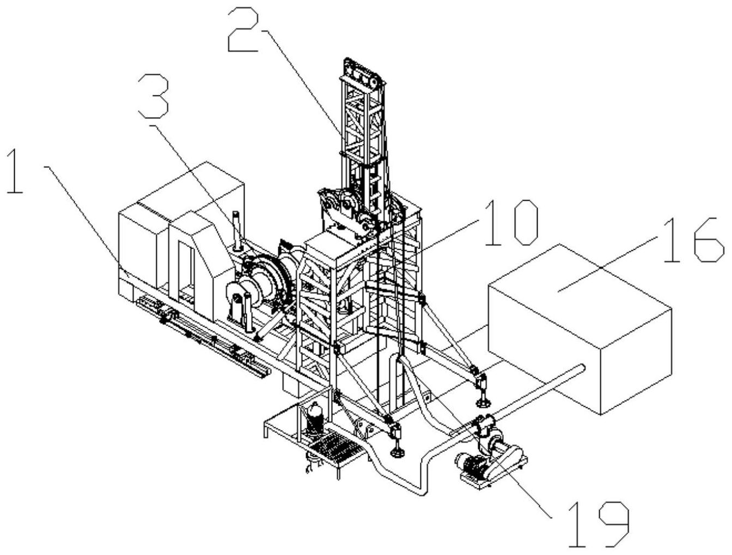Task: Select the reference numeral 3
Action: (x=154, y=96)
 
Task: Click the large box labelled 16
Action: (x=579, y=329)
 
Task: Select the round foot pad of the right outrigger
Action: (x=483, y=405)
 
